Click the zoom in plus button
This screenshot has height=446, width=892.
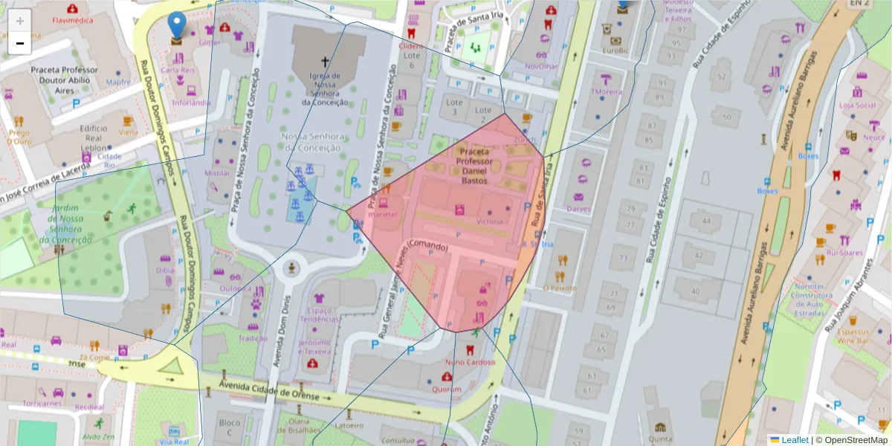tap(20, 21)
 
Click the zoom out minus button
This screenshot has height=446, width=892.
tap(20, 43)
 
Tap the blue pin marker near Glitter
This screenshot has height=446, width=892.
tap(177, 25)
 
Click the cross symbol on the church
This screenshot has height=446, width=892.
tap(325, 62)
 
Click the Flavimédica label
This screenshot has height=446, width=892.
tap(72, 20)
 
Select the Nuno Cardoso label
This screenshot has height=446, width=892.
tap(470, 362)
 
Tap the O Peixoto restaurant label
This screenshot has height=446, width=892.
tap(559, 287)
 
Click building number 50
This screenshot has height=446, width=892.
tap(725, 117)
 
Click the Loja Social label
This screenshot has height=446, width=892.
tap(857, 105)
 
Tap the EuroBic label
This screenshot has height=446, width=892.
tap(615, 51)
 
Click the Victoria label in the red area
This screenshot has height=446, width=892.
tap(489, 221)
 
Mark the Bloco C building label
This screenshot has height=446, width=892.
tap(230, 427)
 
